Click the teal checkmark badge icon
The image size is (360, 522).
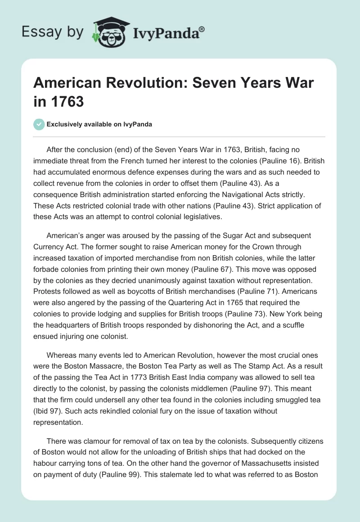[39, 124]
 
